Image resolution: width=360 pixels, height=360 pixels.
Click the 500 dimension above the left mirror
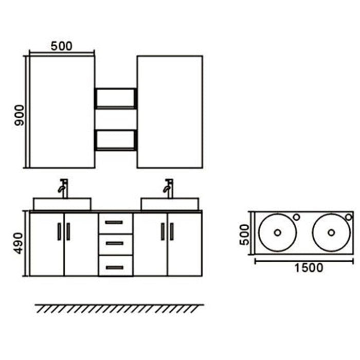(61, 46)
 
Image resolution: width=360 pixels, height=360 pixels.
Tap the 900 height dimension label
(20, 115)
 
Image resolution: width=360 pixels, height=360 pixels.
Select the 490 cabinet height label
(19, 243)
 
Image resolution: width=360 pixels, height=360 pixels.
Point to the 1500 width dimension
(309, 268)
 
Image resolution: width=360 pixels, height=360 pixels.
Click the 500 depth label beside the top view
(244, 235)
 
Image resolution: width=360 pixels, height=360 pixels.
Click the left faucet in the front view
(63, 188)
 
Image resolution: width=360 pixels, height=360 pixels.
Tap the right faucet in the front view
(169, 188)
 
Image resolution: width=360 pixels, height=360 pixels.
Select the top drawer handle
(114, 222)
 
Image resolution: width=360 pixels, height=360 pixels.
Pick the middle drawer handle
(114, 243)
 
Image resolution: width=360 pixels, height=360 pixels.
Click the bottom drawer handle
(115, 268)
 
